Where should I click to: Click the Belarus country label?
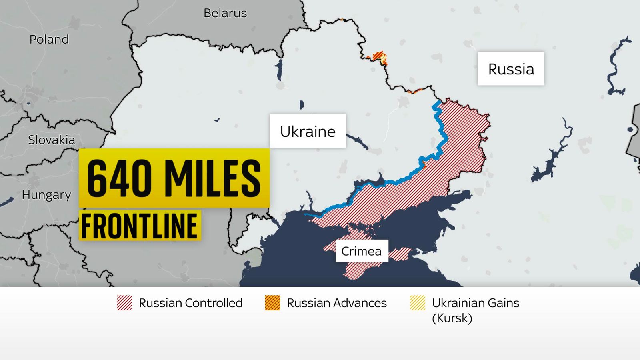(x=225, y=13)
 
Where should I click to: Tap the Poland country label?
(x=49, y=40)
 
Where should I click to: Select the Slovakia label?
(x=52, y=140)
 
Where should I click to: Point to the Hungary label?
(x=46, y=195)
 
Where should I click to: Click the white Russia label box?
(x=511, y=69)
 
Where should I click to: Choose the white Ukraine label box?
(x=308, y=131)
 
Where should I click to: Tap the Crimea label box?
(x=362, y=251)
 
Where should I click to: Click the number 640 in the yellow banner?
(x=119, y=178)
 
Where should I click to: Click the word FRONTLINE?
(x=140, y=226)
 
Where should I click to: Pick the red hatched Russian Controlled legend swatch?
(x=124, y=303)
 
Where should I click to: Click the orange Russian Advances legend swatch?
(x=272, y=303)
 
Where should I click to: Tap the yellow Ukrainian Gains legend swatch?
(x=417, y=303)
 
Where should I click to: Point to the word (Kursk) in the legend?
(x=452, y=318)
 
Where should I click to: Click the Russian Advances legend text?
(x=337, y=303)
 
